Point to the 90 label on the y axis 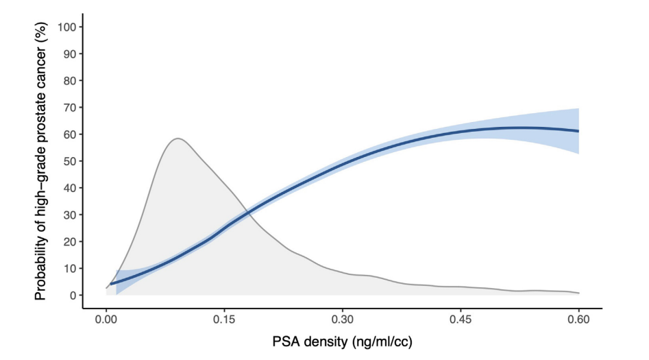pos(69,53)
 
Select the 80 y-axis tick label pos(69,80)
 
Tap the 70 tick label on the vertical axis pos(69,107)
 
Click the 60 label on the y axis pos(69,134)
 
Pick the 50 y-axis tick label pos(69,161)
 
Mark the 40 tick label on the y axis pos(69,188)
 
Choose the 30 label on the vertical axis pos(69,215)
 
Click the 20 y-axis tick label pos(69,241)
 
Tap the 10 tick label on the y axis pos(69,268)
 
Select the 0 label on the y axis pos(71,295)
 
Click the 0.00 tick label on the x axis pos(106,320)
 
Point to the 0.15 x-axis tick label pos(224,320)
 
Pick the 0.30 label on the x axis pos(343,320)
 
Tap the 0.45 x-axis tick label pos(461,320)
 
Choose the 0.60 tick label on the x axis pos(579,320)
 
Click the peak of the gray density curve pos(177,139)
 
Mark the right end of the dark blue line pos(579,131)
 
